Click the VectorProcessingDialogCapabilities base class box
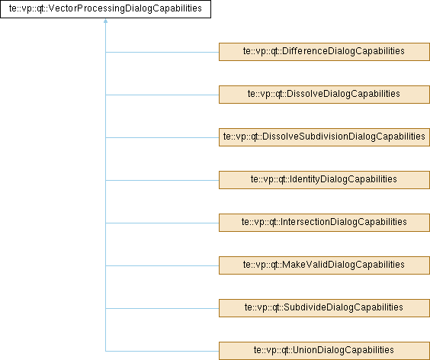pyautogui.click(x=105, y=9)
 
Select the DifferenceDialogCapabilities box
pyautogui.click(x=324, y=52)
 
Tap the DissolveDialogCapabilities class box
pyautogui.click(x=324, y=95)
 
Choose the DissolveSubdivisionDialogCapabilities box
pyautogui.click(x=324, y=137)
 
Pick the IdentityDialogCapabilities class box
pyautogui.click(x=324, y=180)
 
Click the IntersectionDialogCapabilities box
pyautogui.click(x=324, y=223)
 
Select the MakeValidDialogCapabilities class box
pyautogui.click(x=324, y=265)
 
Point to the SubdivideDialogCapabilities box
pyautogui.click(x=324, y=308)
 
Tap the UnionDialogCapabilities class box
pyautogui.click(x=324, y=351)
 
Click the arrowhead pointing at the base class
pyautogui.click(x=105, y=21)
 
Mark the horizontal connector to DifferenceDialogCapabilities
pyautogui.click(x=162, y=52)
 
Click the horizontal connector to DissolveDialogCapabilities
pyautogui.click(x=162, y=95)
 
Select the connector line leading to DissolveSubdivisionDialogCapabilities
pyautogui.click(x=162, y=137)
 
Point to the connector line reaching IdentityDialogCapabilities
pyautogui.click(x=162, y=180)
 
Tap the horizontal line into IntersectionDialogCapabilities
pyautogui.click(x=162, y=223)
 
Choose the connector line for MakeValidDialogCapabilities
pyautogui.click(x=162, y=265)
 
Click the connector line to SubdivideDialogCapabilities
pyautogui.click(x=162, y=308)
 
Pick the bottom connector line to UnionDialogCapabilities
pyautogui.click(x=162, y=351)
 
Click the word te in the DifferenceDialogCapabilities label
pyautogui.click(x=247, y=51)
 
